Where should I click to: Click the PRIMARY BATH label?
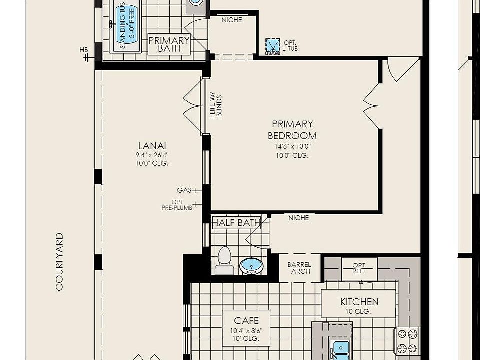click(169, 44)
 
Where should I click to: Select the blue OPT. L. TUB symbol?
click(273, 46)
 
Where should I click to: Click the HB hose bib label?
click(84, 50)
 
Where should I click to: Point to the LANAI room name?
click(152, 145)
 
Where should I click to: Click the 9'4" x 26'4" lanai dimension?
click(152, 155)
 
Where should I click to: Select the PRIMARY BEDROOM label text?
click(292, 130)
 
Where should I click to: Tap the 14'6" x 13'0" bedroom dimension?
click(292, 146)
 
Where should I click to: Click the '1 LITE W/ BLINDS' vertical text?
click(216, 107)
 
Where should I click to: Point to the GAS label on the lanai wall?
click(184, 190)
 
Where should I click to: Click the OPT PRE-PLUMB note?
click(177, 205)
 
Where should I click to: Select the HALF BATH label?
click(236, 222)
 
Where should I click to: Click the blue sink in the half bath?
click(251, 266)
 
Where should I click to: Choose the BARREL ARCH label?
click(299, 268)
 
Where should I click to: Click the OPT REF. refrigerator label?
click(359, 268)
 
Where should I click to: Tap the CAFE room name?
click(246, 320)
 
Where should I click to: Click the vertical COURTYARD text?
click(59, 262)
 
